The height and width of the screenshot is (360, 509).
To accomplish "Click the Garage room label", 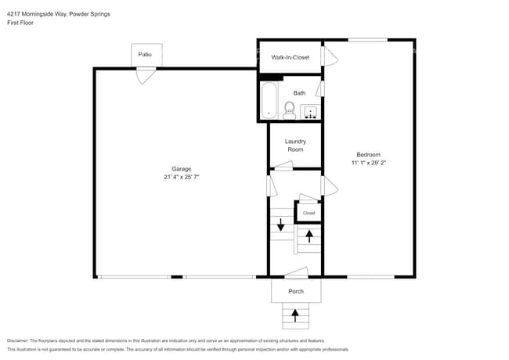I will pos(182,168).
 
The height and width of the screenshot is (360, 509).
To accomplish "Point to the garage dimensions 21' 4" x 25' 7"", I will pos(182,177).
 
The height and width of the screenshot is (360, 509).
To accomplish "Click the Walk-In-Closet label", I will pos(290,57).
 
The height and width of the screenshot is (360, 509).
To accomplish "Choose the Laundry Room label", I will pos(294,145).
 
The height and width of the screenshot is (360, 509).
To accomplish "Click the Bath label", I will pos(299,93).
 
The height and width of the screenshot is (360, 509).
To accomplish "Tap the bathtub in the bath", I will pos(269,99).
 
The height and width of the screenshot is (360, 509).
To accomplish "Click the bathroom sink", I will pos(310,110).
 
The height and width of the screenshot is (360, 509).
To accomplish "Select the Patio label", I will pos(145,54).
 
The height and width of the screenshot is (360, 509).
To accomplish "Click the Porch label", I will pos(295,292).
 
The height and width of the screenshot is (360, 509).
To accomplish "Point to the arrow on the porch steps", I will pos(295,315).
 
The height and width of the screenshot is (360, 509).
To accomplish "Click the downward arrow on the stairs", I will pos(280,225).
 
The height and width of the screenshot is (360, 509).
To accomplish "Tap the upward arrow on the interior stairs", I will pos(309,235).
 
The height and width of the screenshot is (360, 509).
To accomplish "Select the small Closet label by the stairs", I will pos(309,213).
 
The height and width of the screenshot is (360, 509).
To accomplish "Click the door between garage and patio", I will pos(145,74).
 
